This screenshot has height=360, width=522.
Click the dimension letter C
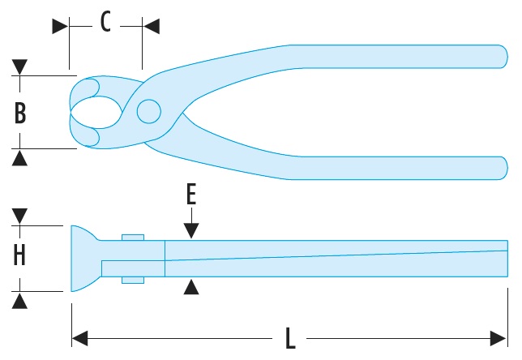tap(105, 22)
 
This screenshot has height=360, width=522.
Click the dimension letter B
tap(20, 112)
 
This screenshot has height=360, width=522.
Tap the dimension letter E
tap(190, 195)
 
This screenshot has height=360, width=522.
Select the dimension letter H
tap(20, 255)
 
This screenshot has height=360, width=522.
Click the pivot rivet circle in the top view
tap(148, 111)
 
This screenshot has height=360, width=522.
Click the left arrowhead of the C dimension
tap(60, 26)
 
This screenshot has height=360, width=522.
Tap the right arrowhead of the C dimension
tap(152, 26)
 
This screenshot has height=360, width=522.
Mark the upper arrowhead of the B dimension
tap(20, 66)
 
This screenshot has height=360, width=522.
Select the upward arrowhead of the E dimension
tap(190, 286)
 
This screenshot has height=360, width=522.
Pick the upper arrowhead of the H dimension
tap(20, 216)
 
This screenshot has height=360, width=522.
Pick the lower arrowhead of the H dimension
tap(20, 299)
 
